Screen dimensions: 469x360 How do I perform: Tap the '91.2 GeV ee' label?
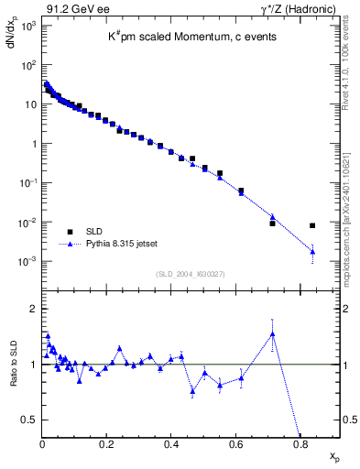point(71,8)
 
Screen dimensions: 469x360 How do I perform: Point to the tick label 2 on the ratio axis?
point(33,309)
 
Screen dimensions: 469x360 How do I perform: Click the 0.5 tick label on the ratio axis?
point(29,420)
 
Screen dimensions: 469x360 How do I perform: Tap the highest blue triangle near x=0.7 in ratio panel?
point(272,334)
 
